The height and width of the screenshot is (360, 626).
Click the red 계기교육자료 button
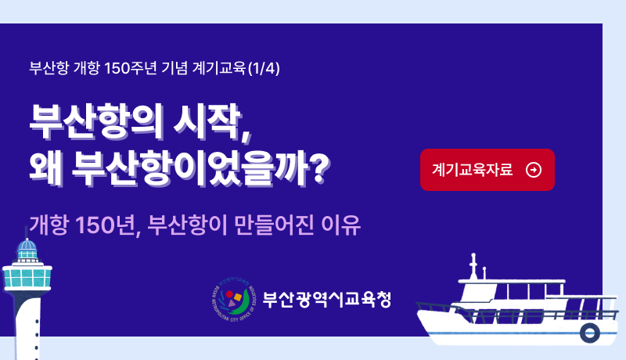point(487,170)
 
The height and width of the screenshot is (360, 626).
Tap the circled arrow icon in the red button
point(534,170)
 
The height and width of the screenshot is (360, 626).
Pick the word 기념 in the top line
point(174,68)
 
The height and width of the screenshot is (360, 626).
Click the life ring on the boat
point(589,333)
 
